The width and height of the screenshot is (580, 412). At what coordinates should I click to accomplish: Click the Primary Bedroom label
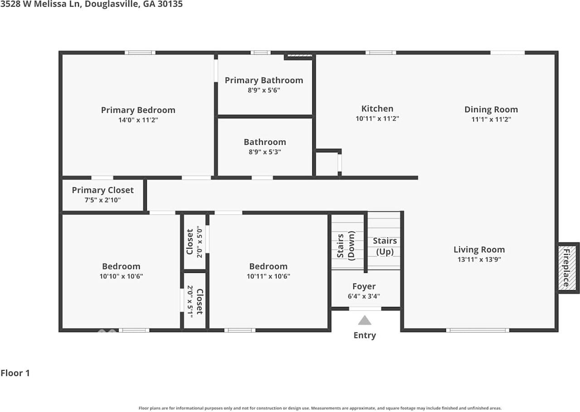point(138,110)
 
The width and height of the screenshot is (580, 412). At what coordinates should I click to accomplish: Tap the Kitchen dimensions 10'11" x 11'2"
point(377,118)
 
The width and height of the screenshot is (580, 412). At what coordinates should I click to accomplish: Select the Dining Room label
point(491,109)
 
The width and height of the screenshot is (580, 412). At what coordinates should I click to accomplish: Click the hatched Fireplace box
point(567,268)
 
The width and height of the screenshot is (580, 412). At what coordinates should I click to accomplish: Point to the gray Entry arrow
point(365,320)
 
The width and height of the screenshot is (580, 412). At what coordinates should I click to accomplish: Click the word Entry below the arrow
point(365,335)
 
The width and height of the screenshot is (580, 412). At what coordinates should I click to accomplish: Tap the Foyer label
point(364,286)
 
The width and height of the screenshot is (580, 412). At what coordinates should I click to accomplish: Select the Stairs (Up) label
point(385,246)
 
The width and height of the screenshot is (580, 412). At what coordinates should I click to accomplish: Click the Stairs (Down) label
point(346,245)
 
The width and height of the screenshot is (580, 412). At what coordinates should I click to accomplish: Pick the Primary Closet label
point(103,190)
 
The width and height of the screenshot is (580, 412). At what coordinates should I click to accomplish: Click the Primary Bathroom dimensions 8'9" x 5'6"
point(264,90)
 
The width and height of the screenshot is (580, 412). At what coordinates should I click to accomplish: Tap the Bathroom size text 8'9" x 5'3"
point(265,152)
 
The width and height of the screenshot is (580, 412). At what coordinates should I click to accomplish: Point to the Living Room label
point(479,250)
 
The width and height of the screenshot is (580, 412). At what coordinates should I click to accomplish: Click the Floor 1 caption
point(15,373)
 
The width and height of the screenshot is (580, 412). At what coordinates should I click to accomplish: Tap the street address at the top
point(92,4)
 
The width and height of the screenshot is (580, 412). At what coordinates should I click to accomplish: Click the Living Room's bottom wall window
point(478,330)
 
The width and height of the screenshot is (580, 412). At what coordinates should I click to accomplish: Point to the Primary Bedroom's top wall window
point(140,53)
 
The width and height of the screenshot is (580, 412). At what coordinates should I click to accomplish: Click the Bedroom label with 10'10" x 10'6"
point(121,266)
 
